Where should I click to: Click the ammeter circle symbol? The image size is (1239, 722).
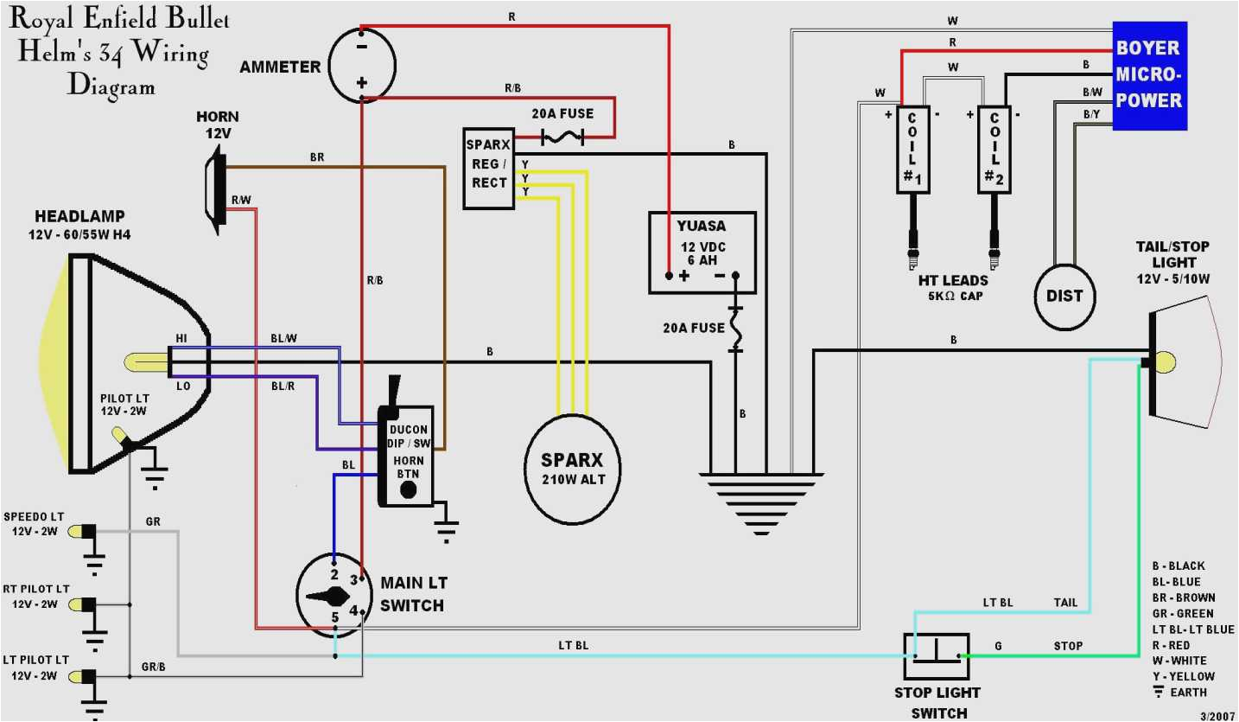point(362,64)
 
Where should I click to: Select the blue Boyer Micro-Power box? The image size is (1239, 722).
point(1148,74)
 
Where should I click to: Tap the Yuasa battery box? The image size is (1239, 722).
point(702,252)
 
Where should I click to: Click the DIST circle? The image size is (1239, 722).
point(1064,296)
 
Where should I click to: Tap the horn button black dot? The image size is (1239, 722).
point(409,490)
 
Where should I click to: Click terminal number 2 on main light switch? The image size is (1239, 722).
point(334,573)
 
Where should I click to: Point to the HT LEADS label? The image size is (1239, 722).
point(953,280)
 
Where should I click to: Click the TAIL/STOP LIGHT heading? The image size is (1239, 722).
point(1172,254)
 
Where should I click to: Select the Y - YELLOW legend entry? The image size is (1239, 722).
point(1183,676)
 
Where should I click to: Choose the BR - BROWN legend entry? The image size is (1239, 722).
point(1183,597)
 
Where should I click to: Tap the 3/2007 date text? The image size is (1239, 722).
point(1217,715)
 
